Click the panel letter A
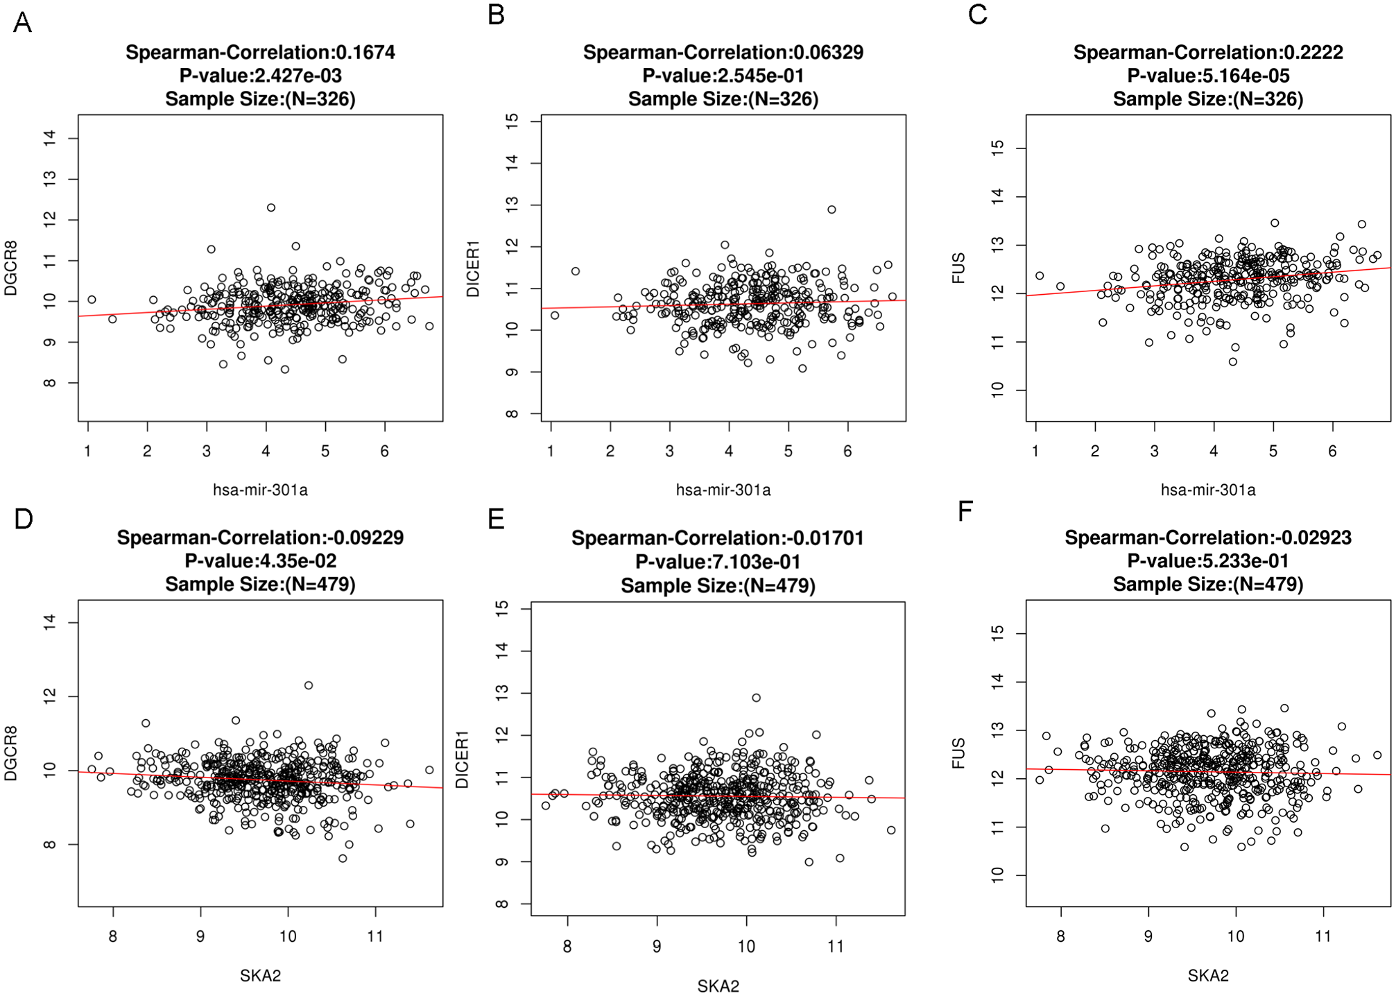point(22,23)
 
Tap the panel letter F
point(965,511)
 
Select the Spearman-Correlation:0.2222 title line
point(1208,52)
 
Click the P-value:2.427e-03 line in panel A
point(260,76)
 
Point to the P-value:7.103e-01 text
point(718,562)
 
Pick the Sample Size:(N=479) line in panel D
point(260,585)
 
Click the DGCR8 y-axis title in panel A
point(11,268)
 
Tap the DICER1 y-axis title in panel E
point(462,759)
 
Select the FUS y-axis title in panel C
point(958,268)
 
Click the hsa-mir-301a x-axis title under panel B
point(723,490)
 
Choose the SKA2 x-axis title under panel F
point(1208,976)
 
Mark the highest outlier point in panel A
point(271,207)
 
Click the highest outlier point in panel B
point(831,209)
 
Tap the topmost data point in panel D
point(309,685)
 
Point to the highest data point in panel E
point(757,698)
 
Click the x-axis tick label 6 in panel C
point(1332,451)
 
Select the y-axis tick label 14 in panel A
point(50,139)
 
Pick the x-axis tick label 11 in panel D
point(375,936)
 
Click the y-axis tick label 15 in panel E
point(503,608)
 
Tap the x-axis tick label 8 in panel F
point(1060,936)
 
